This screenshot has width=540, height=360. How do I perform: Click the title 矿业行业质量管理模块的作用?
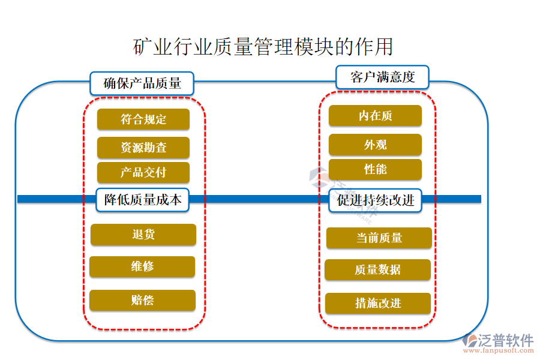[263, 46]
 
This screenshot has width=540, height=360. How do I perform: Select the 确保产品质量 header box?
[143, 83]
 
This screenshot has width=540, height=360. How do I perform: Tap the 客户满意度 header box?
[382, 77]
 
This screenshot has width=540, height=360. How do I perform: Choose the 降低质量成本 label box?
[143, 200]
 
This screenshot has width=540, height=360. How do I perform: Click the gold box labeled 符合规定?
[143, 119]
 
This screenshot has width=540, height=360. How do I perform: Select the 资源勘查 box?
[143, 148]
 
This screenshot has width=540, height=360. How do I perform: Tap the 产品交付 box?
[143, 173]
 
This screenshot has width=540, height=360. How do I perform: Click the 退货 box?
[143, 235]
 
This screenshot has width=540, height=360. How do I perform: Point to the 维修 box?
[142, 267]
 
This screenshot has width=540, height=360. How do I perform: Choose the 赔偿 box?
[142, 300]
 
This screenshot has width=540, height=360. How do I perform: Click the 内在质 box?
[375, 116]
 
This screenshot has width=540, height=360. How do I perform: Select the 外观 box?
[375, 145]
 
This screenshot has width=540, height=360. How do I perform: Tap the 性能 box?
[375, 170]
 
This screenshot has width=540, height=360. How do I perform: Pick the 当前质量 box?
[379, 238]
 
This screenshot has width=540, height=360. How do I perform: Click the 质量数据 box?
[378, 270]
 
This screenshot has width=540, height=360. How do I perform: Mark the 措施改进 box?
[378, 304]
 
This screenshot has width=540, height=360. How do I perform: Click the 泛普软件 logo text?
[505, 340]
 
